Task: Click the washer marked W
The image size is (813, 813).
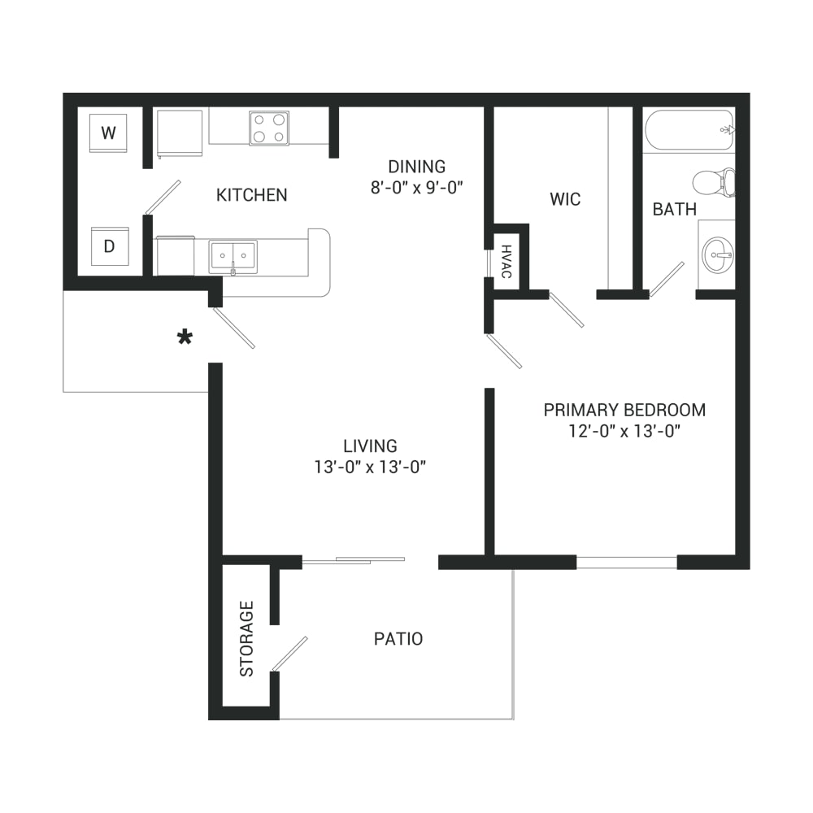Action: pyautogui.click(x=108, y=133)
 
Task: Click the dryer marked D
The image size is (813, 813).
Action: pyautogui.click(x=110, y=246)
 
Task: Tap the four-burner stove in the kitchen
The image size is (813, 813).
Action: pyautogui.click(x=269, y=128)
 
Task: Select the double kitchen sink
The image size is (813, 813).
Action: pyautogui.click(x=233, y=257)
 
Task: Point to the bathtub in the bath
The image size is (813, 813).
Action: pyautogui.click(x=689, y=129)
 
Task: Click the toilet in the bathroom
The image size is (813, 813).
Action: pyautogui.click(x=714, y=182)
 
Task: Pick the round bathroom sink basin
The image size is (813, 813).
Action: pyautogui.click(x=718, y=255)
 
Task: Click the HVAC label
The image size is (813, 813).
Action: pyautogui.click(x=506, y=261)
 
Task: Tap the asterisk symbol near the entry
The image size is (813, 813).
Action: pyautogui.click(x=185, y=337)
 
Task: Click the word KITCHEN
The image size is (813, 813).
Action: pyautogui.click(x=251, y=195)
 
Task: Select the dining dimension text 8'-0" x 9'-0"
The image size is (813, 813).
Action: pyautogui.click(x=416, y=187)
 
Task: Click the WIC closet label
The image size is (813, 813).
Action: pyautogui.click(x=565, y=199)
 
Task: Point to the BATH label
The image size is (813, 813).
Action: pyautogui.click(x=674, y=210)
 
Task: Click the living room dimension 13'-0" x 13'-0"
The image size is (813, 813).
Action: pyautogui.click(x=370, y=467)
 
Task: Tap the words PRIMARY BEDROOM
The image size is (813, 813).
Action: pyautogui.click(x=624, y=410)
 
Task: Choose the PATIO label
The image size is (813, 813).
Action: pyautogui.click(x=398, y=639)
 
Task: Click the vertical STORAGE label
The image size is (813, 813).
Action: pyautogui.click(x=247, y=639)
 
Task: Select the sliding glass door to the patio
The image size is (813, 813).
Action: pyautogui.click(x=354, y=560)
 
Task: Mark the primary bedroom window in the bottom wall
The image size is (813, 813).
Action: pyautogui.click(x=627, y=562)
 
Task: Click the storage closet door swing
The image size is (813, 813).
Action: pyautogui.click(x=289, y=654)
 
